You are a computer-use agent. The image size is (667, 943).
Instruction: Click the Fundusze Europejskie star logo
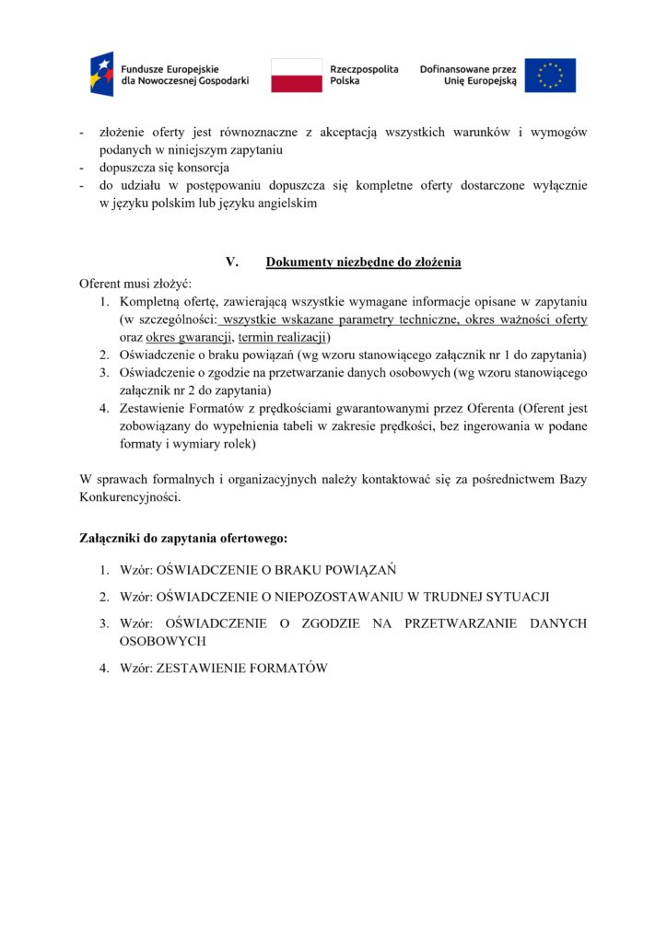tap(101, 75)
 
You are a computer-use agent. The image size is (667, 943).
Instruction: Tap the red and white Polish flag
tap(296, 76)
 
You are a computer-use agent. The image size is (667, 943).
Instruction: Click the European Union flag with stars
tap(550, 76)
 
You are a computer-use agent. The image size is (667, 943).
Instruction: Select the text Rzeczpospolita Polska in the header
tap(364, 76)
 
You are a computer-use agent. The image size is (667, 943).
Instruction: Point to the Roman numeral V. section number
tap(232, 262)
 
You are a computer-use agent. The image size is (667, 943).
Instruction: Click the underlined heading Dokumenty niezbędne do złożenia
tap(363, 262)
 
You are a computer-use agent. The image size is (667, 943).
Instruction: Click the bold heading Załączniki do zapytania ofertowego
tap(184, 537)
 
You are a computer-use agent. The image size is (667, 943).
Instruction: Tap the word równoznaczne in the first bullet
tap(263, 133)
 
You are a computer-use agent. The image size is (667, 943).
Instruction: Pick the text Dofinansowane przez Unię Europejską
tap(468, 76)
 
